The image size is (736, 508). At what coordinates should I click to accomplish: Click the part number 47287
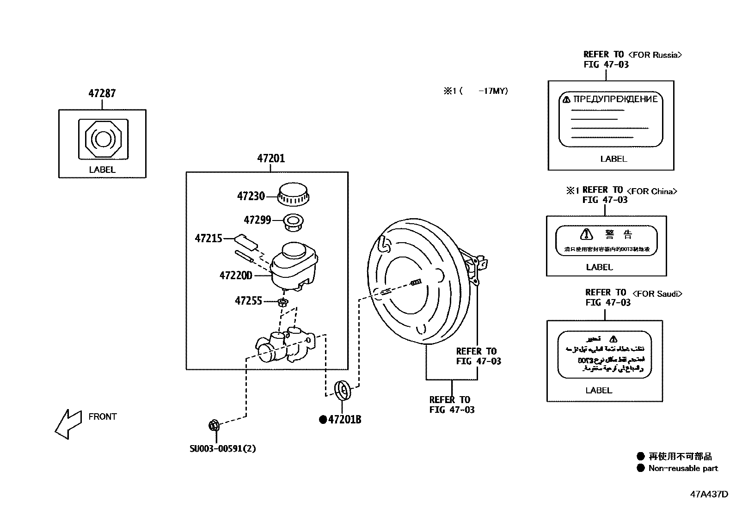102,93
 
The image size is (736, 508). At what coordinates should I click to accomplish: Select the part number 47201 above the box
271,159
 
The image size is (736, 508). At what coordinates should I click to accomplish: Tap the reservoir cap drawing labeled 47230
293,194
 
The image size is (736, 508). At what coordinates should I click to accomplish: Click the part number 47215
209,239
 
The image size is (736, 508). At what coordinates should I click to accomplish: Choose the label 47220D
236,275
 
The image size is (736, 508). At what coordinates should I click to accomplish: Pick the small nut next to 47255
283,303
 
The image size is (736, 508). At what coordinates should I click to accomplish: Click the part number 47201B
344,420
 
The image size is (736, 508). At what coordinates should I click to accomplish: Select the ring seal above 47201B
343,389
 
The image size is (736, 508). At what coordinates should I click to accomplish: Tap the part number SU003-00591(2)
223,448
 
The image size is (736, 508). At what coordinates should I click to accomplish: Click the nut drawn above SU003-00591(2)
214,425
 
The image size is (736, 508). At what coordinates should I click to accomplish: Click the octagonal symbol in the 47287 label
103,138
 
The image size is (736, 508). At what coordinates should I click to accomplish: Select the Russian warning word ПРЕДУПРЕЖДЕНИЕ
615,99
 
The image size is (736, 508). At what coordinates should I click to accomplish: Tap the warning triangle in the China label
586,234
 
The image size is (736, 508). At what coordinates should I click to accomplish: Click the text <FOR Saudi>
656,294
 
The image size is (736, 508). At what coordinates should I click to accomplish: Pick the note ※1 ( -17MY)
476,92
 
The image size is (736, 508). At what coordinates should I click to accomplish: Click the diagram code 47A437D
709,494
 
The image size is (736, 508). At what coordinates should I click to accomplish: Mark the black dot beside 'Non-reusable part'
640,468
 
